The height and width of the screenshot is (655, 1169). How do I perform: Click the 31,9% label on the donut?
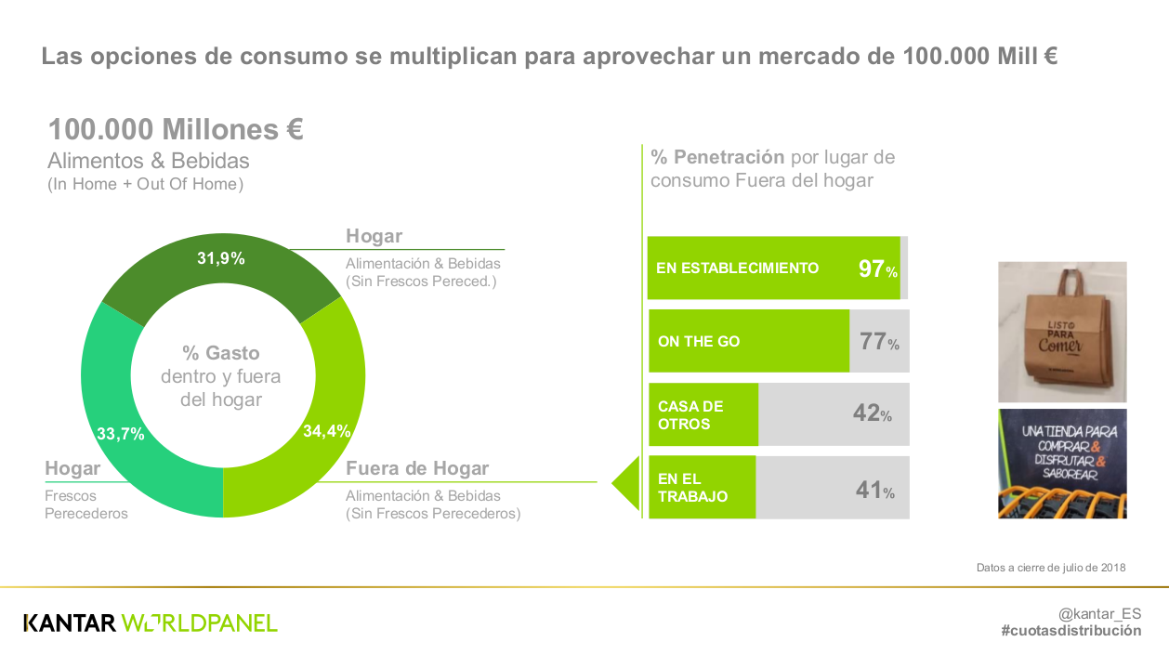(220, 258)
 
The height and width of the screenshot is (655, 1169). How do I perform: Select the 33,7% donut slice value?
(121, 433)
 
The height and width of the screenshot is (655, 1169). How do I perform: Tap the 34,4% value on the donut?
(326, 431)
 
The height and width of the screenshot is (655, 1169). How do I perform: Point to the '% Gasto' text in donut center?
(221, 353)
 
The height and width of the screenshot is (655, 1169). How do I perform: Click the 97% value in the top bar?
(877, 269)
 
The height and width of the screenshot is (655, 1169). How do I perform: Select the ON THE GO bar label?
(699, 341)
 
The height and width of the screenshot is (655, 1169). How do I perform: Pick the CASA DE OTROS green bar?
(703, 414)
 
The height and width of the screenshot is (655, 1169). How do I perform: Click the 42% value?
(872, 414)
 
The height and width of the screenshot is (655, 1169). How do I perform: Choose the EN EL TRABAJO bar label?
(692, 487)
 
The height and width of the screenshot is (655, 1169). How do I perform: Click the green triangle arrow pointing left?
(627, 483)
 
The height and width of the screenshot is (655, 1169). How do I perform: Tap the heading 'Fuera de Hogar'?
(417, 468)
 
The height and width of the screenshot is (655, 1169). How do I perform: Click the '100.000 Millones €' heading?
(176, 129)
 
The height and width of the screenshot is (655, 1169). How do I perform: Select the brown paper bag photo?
(1062, 331)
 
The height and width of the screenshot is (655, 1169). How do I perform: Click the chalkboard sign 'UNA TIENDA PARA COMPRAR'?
(1062, 463)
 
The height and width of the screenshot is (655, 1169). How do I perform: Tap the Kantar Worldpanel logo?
(150, 622)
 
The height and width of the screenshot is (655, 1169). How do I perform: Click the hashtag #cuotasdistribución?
(1070, 631)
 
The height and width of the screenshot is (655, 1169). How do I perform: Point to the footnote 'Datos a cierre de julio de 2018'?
(1051, 567)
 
